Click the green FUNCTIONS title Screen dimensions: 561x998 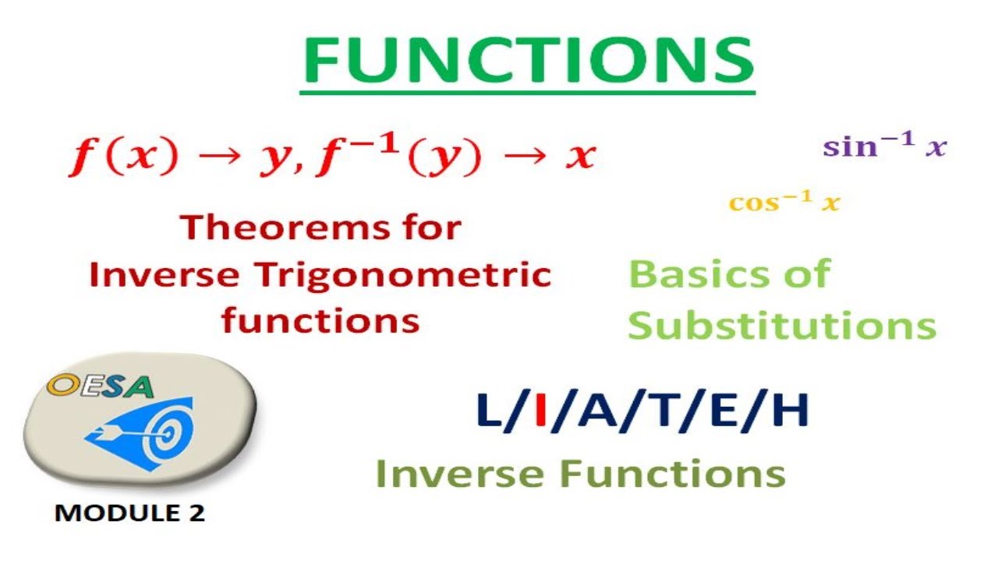click(527, 59)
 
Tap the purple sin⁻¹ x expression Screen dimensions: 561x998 click(884, 146)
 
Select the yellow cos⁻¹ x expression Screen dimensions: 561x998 click(784, 203)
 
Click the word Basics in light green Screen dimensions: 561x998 click(680, 275)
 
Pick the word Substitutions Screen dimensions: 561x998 click(782, 326)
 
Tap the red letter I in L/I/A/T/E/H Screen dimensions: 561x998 click(540, 412)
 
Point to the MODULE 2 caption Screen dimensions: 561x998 click(129, 513)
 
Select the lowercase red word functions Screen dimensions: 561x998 click(320, 320)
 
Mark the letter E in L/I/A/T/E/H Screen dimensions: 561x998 click(727, 412)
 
